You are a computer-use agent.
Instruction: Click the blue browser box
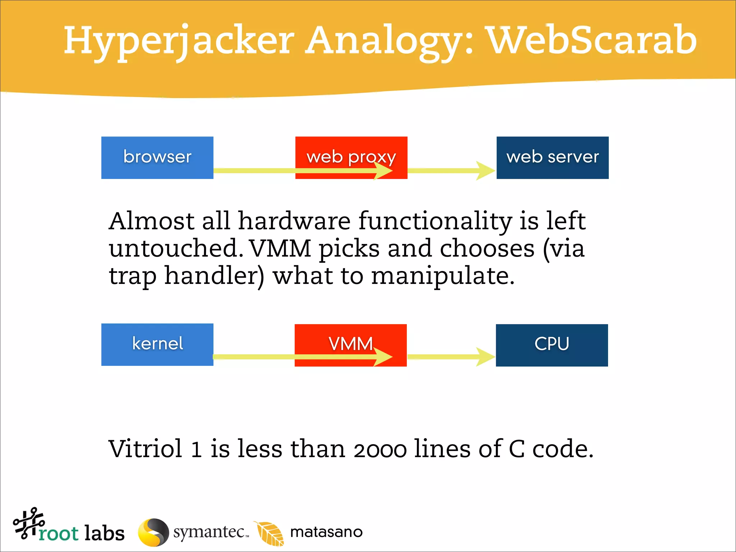point(157,157)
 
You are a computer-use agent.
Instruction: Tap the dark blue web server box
point(552,157)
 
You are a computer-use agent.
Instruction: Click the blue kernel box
point(157,344)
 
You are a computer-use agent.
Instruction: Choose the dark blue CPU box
point(552,345)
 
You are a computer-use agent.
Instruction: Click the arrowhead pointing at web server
point(486,171)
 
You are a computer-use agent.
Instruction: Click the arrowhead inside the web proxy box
point(383,171)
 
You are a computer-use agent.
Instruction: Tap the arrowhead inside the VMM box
point(383,357)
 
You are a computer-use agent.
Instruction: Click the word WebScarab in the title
point(591,40)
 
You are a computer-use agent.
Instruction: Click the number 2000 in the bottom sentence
point(380,450)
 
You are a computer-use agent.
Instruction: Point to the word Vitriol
point(146,449)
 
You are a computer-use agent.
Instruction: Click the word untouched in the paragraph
point(174,248)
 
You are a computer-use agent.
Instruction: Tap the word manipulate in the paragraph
point(442,276)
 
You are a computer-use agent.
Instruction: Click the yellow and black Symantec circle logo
point(153,532)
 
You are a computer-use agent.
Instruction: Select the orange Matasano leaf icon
point(269,533)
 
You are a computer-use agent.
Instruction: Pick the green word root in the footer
point(58,533)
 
